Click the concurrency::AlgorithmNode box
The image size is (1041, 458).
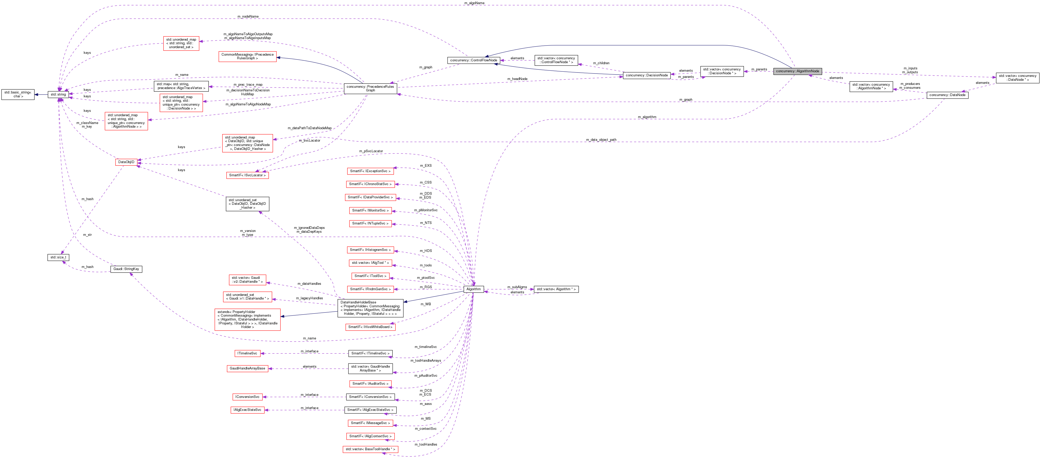[797, 71]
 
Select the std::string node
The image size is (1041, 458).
[58, 94]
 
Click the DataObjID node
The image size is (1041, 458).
[126, 162]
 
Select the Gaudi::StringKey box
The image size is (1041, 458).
[126, 269]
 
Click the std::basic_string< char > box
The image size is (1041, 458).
[18, 94]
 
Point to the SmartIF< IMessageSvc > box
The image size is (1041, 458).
[370, 423]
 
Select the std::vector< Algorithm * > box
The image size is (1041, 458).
[556, 289]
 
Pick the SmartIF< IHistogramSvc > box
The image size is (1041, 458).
[370, 250]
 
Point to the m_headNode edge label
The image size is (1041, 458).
[517, 79]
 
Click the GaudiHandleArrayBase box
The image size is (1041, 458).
[247, 368]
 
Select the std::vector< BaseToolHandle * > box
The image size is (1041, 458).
[370, 449]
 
